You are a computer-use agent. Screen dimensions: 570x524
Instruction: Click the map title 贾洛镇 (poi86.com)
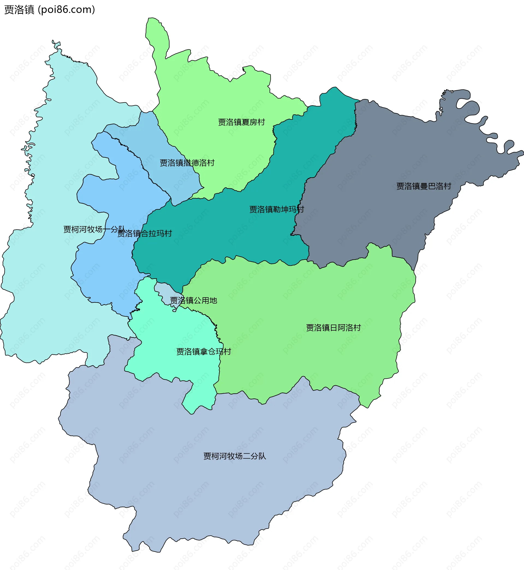[50, 10]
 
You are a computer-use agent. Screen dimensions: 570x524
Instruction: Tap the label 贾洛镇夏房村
[241, 122]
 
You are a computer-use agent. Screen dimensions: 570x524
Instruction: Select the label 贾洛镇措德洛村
[187, 163]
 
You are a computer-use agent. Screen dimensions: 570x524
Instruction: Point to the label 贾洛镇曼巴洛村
[423, 186]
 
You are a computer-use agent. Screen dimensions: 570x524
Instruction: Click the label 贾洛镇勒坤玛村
[276, 209]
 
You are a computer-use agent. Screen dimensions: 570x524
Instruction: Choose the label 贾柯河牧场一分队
[94, 229]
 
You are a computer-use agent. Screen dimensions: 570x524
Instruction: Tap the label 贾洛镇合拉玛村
[145, 233]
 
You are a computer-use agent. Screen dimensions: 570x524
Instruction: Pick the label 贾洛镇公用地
[193, 300]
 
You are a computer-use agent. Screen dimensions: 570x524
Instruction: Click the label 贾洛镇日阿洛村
[333, 328]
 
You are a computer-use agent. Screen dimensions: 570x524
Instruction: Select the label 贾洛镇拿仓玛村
[204, 352]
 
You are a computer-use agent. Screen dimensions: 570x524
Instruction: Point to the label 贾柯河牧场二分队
[234, 456]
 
